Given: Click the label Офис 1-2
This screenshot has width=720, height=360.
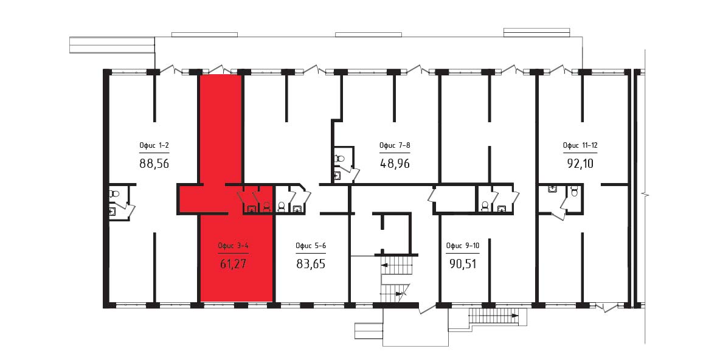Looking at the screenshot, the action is (154, 146).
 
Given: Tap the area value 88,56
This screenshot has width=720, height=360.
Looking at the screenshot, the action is (154, 163).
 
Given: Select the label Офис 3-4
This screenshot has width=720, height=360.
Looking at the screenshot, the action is (234, 246).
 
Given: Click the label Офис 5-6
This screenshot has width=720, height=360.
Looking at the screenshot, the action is (311, 246).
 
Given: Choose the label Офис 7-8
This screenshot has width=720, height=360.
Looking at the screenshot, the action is (395, 146).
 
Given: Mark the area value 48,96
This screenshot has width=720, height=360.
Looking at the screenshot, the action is (395, 163).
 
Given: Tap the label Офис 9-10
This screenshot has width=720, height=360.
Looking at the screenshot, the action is (463, 246).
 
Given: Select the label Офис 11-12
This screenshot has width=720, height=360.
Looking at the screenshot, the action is (580, 146).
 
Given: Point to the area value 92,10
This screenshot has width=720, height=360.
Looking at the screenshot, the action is (580, 163).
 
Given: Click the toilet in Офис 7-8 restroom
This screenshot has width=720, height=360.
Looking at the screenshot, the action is (339, 158).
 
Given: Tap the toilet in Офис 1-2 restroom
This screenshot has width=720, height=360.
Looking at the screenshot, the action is (114, 194).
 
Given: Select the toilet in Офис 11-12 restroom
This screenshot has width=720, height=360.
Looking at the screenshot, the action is (573, 190).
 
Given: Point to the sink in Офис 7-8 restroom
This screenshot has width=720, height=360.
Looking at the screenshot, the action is (337, 175).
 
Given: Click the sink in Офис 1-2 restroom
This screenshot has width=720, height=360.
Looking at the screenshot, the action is (112, 211).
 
